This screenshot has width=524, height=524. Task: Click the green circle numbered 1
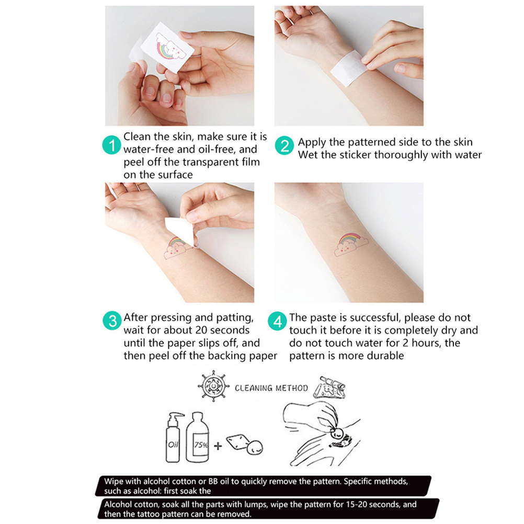coord(111,145)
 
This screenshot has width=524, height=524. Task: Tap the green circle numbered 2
coord(284,145)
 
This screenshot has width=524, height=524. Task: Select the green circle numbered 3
coord(112,321)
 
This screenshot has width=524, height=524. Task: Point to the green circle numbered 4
coord(277,321)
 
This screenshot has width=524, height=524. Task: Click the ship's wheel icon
coord(213,385)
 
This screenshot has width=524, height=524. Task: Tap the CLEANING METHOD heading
coord(271,388)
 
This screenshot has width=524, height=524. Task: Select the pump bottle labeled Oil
coord(174,437)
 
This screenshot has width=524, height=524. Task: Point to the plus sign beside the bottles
coord(218,446)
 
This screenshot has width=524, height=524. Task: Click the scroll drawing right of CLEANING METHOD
coord(329,387)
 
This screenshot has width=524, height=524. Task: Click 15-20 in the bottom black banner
coord(345,504)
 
